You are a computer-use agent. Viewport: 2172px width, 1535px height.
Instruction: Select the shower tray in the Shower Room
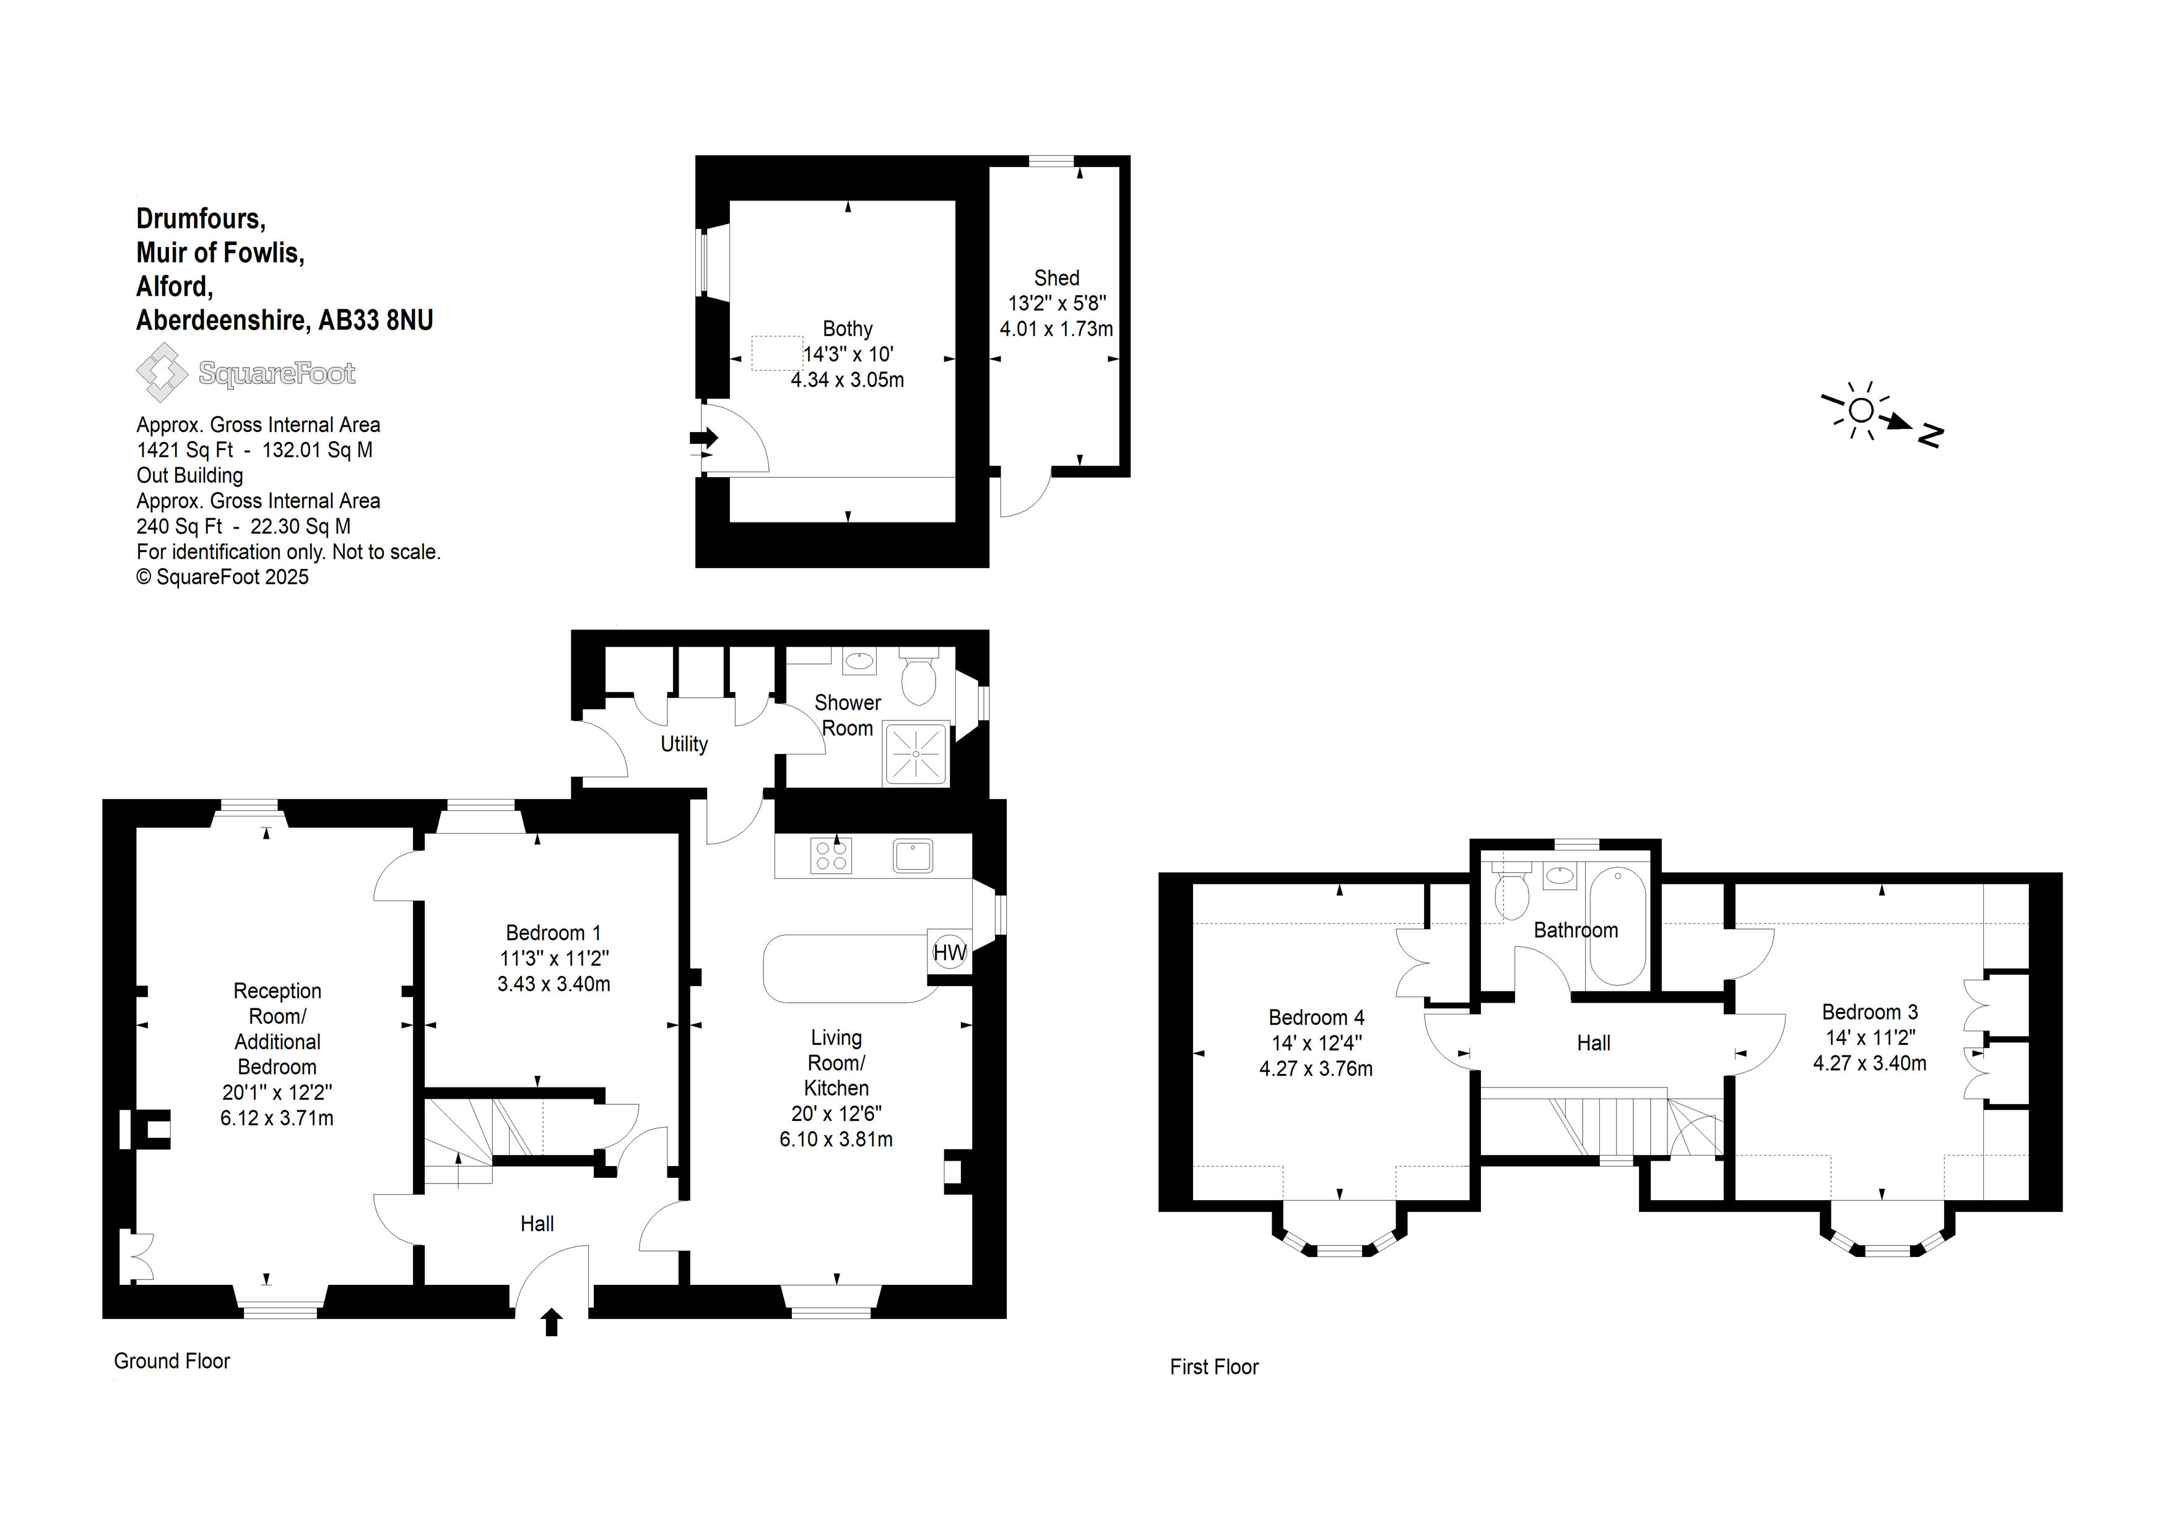tap(916, 754)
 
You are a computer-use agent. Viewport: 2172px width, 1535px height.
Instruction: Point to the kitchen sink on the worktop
tap(913, 856)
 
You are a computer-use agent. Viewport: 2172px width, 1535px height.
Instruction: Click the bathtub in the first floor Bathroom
tap(1618, 927)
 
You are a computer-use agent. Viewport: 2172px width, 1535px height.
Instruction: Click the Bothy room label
tap(848, 329)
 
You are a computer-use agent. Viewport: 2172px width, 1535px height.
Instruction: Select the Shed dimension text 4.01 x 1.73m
tap(1057, 329)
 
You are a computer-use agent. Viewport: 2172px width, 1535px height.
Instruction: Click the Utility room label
tap(684, 745)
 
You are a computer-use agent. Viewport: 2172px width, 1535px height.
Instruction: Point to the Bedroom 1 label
tap(554, 933)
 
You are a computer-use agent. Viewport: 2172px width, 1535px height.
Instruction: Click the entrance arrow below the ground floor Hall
tap(552, 1321)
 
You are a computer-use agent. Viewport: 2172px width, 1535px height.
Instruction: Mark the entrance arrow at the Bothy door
tap(705, 438)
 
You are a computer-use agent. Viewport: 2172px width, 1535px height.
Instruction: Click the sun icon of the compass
tap(1860, 410)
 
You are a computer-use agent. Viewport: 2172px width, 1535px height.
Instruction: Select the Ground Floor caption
tap(172, 1361)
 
